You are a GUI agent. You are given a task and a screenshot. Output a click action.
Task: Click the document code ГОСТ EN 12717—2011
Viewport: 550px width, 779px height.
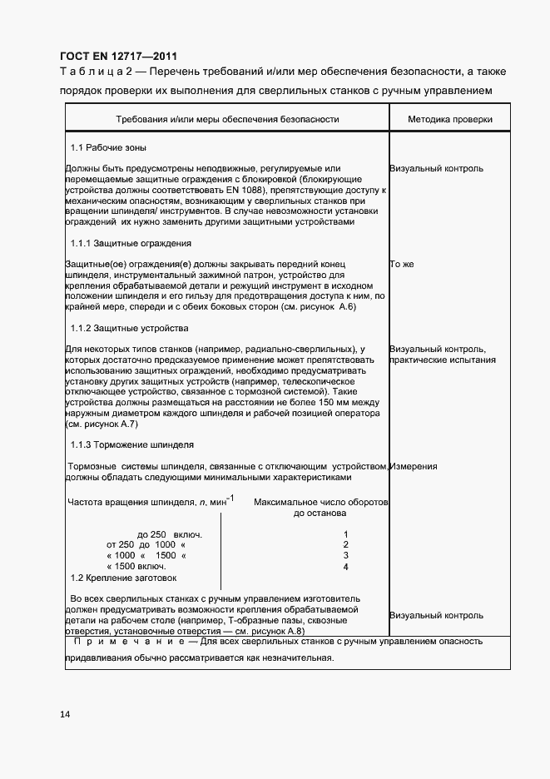[118, 57]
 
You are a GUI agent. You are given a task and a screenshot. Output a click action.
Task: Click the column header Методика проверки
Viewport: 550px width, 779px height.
[449, 119]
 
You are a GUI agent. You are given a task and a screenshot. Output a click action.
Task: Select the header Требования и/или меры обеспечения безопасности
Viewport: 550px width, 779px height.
[227, 119]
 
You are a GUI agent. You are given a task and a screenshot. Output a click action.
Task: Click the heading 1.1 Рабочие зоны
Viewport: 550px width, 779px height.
[108, 148]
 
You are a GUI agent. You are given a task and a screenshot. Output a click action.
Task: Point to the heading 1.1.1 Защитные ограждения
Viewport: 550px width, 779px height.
[131, 244]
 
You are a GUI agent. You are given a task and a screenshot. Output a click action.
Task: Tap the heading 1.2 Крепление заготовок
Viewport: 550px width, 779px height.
[123, 578]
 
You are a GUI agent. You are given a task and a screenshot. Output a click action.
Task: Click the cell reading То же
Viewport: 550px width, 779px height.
[401, 265]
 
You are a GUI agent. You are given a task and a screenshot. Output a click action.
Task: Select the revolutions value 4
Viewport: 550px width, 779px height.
[345, 567]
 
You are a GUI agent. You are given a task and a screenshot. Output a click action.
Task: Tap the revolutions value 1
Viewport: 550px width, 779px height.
[345, 533]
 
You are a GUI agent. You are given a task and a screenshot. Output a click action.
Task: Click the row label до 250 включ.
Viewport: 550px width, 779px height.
[169, 533]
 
